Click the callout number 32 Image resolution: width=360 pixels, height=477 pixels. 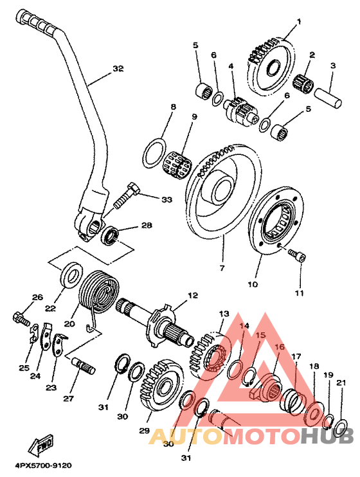click(118, 69)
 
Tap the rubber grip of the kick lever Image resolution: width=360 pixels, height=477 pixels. click(36, 22)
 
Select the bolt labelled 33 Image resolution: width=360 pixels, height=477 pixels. click(127, 195)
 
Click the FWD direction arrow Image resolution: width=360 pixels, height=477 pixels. click(40, 444)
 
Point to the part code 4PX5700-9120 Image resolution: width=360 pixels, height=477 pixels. click(43, 465)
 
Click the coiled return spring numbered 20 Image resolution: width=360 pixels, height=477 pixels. click(99, 291)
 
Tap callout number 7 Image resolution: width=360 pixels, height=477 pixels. click(222, 268)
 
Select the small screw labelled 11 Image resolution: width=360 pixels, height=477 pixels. click(297, 254)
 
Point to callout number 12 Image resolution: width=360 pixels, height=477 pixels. click(193, 295)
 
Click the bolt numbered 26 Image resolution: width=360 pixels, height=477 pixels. click(21, 318)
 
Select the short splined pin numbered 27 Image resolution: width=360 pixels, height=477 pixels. click(84, 365)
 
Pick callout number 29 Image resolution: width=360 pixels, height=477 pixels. click(145, 431)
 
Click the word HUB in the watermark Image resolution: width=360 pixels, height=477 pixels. click(327, 436)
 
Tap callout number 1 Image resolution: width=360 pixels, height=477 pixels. click(298, 22)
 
